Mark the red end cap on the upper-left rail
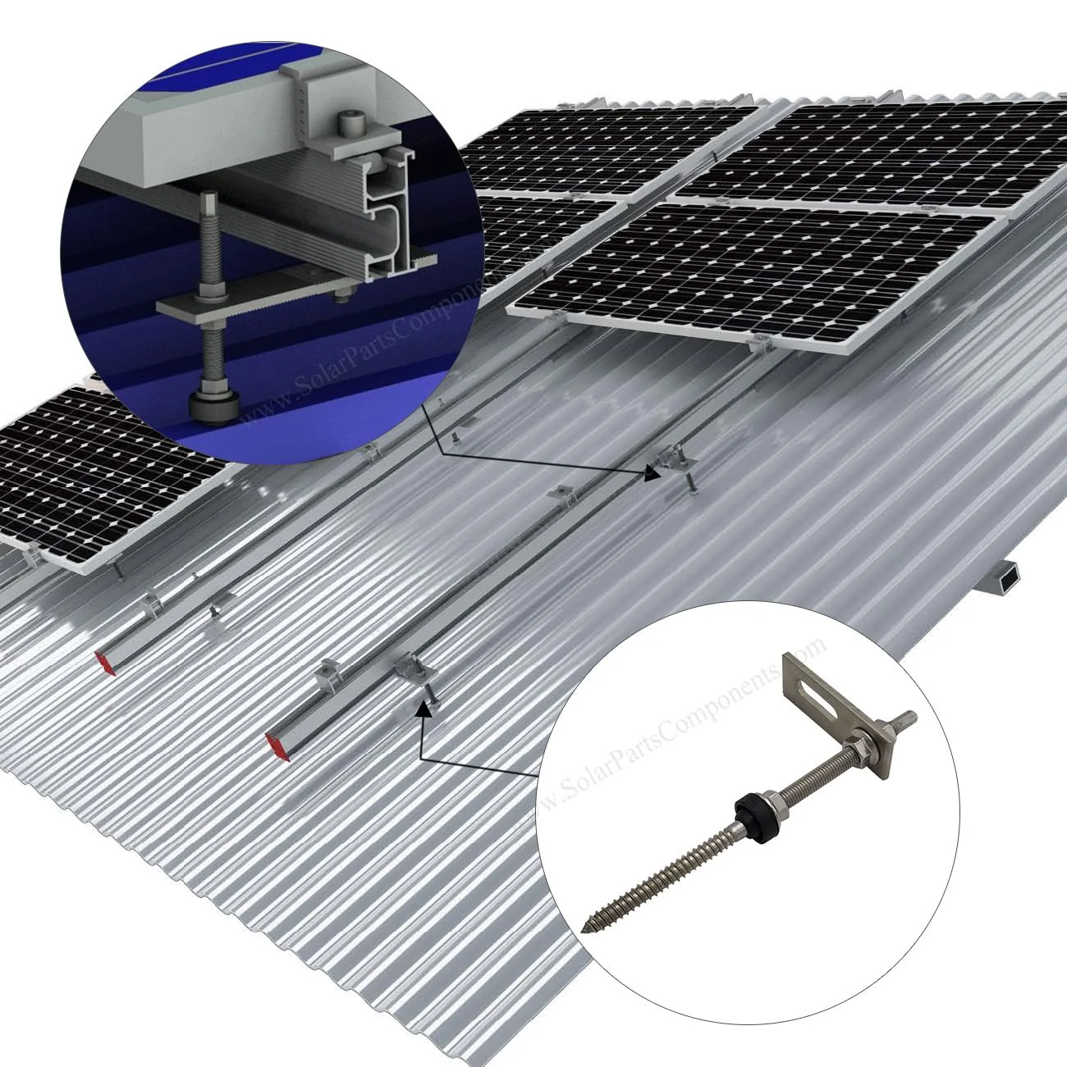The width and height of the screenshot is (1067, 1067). (x=106, y=663)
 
